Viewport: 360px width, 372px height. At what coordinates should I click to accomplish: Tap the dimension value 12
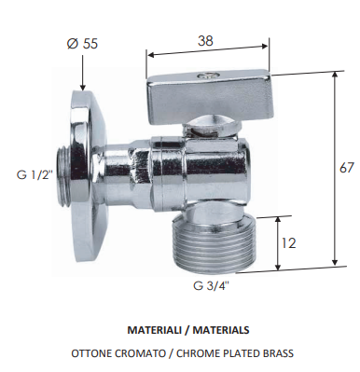(x=291, y=243)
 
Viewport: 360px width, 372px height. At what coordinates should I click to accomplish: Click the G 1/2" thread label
(x=35, y=173)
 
